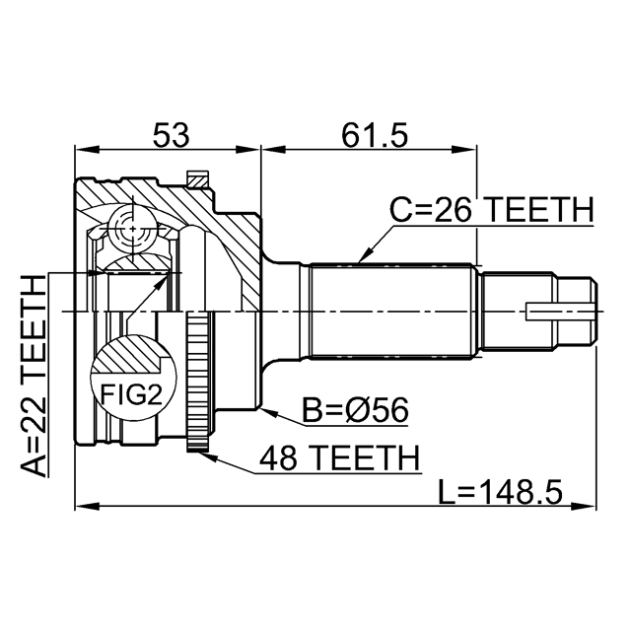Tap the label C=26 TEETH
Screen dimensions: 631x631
[491, 210]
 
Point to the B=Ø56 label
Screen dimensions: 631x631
[355, 410]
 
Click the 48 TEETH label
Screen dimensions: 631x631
[339, 457]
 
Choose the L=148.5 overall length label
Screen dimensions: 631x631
[500, 492]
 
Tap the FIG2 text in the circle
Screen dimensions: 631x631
[131, 394]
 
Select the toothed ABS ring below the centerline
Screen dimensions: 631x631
[197, 382]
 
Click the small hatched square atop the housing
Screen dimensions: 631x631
[198, 179]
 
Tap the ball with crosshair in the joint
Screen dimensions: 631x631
[133, 229]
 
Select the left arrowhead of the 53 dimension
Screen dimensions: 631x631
[87, 150]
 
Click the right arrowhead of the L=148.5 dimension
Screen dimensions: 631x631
[585, 505]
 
